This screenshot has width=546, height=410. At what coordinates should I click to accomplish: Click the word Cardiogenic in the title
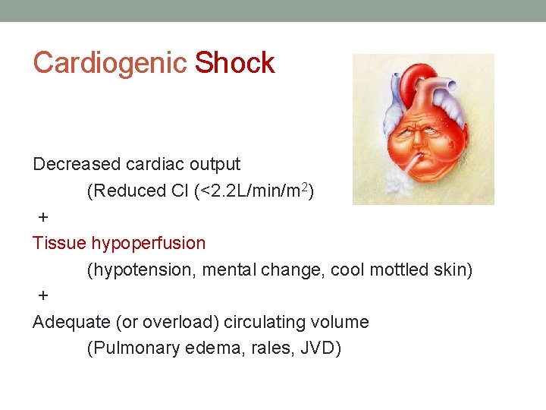click(x=109, y=63)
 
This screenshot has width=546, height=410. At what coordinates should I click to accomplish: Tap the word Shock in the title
click(x=234, y=63)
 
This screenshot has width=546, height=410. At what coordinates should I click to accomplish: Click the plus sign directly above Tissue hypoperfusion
click(x=43, y=217)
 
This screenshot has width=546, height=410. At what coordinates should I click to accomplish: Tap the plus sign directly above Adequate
click(x=43, y=295)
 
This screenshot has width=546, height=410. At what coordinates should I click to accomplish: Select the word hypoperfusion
click(x=149, y=244)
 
